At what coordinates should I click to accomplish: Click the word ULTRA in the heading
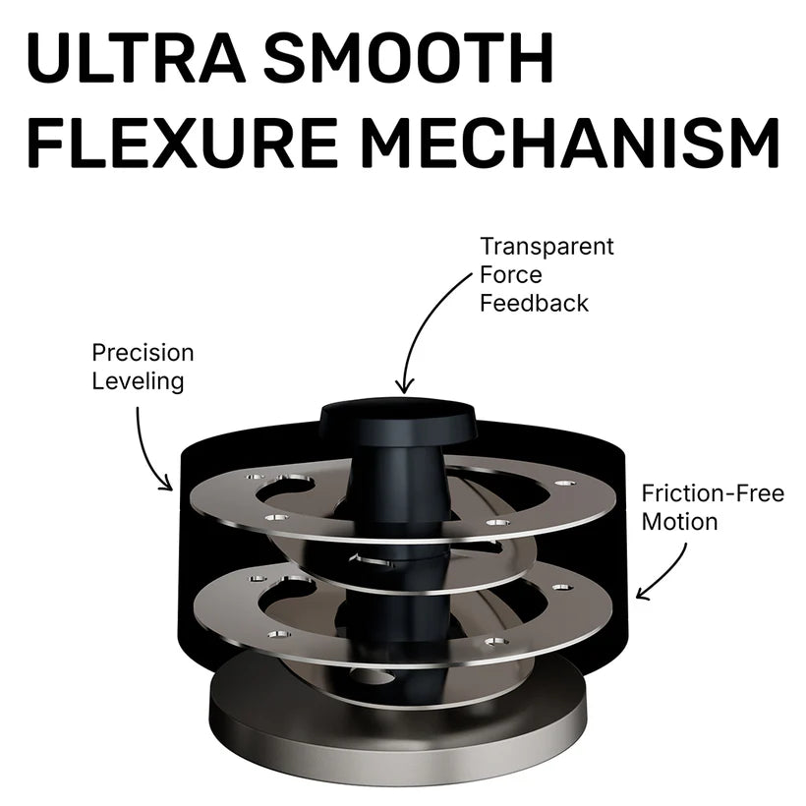pos(136,58)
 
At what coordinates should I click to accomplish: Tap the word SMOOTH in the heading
pos(408,58)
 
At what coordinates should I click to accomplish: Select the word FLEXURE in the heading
pos(183,142)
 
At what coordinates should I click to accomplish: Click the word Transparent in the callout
pos(547,247)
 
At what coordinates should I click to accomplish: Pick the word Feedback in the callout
pos(534,303)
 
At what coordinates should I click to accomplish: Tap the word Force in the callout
pos(511,275)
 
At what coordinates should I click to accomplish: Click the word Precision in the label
pos(143,353)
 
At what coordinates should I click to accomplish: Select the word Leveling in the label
pos(138,381)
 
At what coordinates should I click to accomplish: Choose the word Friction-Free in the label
pos(713,494)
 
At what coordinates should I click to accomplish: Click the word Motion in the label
pos(679,522)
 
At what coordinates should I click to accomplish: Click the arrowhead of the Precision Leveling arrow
pos(165,484)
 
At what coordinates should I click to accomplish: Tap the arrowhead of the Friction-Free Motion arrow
pos(643,593)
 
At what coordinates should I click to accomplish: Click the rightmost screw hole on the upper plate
pos(565,484)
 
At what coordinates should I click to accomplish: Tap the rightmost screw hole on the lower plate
pos(562,587)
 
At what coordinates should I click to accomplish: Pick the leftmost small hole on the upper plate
pos(255,477)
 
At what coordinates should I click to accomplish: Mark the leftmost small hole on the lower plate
pos(258,579)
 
